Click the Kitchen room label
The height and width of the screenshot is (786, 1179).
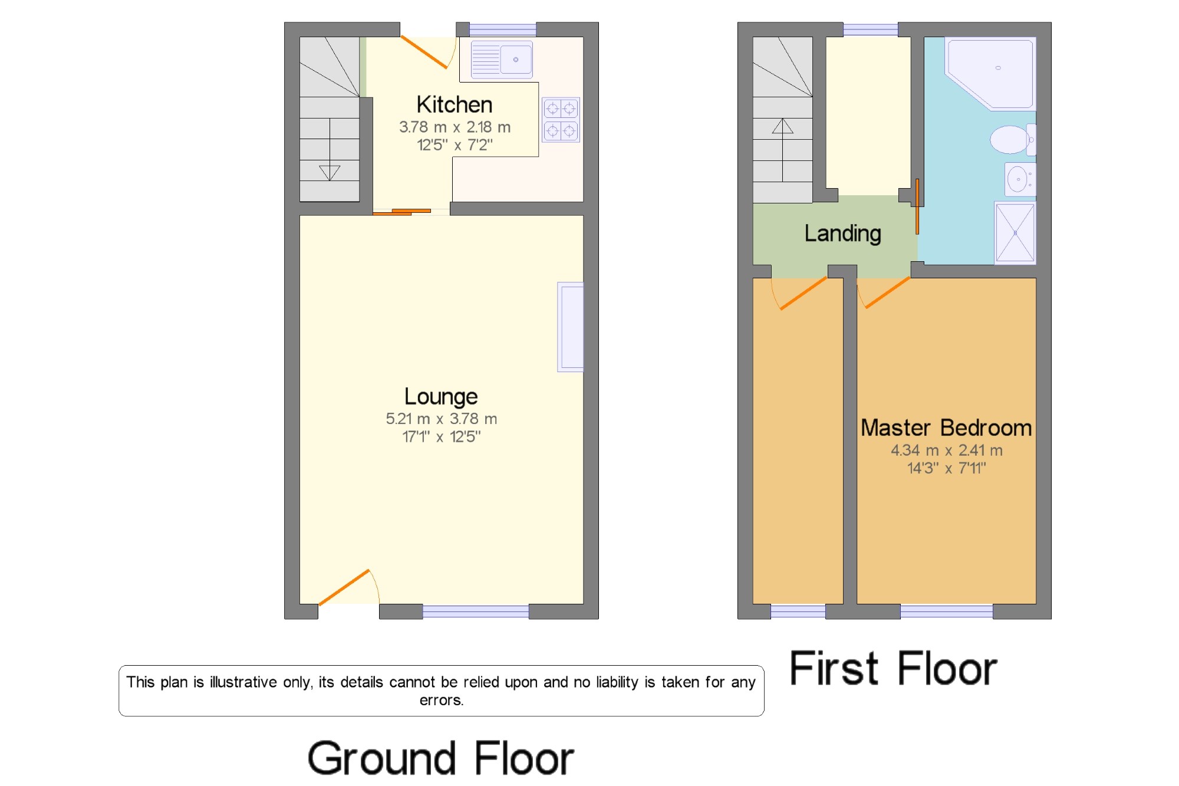point(454,105)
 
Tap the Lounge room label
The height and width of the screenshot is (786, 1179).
point(441,397)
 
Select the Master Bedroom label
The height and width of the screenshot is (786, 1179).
point(946,428)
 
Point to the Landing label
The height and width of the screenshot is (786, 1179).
point(843,234)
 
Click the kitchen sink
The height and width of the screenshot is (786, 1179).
point(502,59)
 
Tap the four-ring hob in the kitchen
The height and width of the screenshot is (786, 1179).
point(561,120)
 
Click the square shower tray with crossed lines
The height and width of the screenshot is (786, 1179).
point(1015,233)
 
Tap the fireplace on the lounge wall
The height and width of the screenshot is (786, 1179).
point(571,327)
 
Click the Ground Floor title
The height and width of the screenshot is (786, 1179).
point(440,758)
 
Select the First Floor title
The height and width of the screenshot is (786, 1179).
point(893,669)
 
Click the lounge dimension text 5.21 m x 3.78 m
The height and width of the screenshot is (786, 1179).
point(442,419)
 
